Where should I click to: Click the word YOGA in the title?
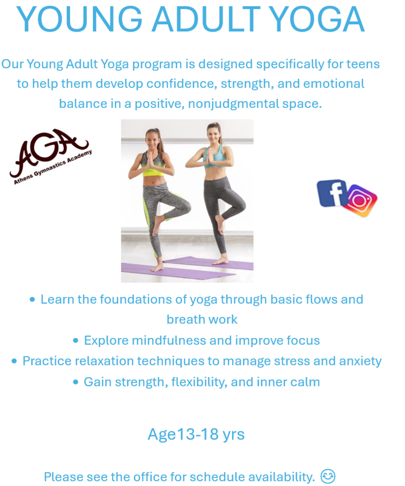tap(317, 19)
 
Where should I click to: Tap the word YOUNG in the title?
tap(80, 19)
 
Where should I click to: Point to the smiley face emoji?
tap(328, 476)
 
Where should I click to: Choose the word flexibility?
tap(199, 382)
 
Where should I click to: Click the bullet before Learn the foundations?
tap(32, 299)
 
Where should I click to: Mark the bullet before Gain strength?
tap(75, 382)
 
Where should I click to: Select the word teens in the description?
tap(363, 64)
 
